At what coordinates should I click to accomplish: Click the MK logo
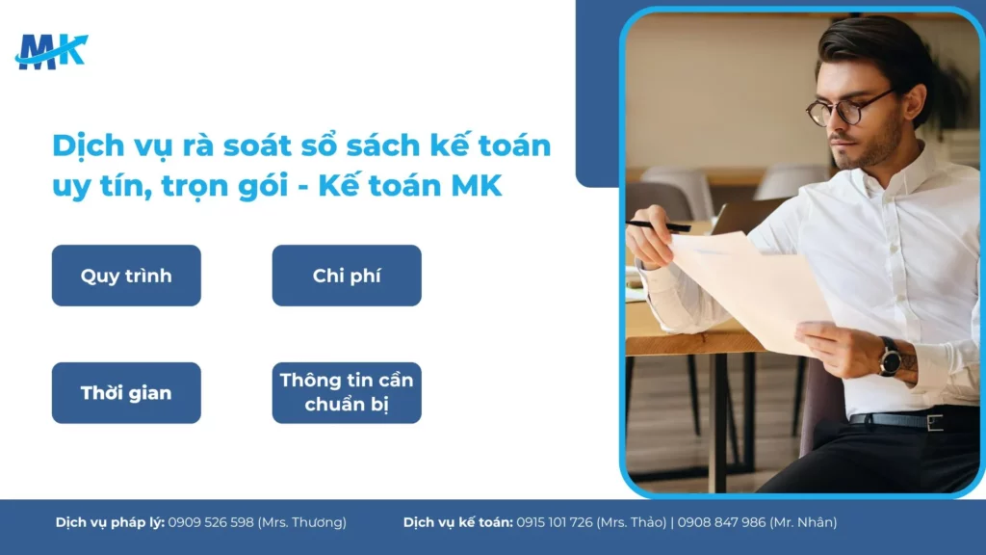pyautogui.click(x=51, y=51)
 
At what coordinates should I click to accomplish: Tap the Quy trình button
pyautogui.click(x=126, y=276)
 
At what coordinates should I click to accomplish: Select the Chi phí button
pyautogui.click(x=347, y=276)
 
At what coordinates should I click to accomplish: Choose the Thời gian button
pyautogui.click(x=126, y=393)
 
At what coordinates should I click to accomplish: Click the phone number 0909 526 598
pyautogui.click(x=211, y=522)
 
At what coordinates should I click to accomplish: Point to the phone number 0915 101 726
pyautogui.click(x=555, y=522)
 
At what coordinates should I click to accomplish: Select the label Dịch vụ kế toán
pyautogui.click(x=457, y=522)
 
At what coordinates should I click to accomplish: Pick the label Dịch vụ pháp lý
pyautogui.click(x=110, y=522)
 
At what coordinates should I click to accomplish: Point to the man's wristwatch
pyautogui.click(x=890, y=357)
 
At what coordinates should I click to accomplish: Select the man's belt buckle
pyautogui.click(x=934, y=421)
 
